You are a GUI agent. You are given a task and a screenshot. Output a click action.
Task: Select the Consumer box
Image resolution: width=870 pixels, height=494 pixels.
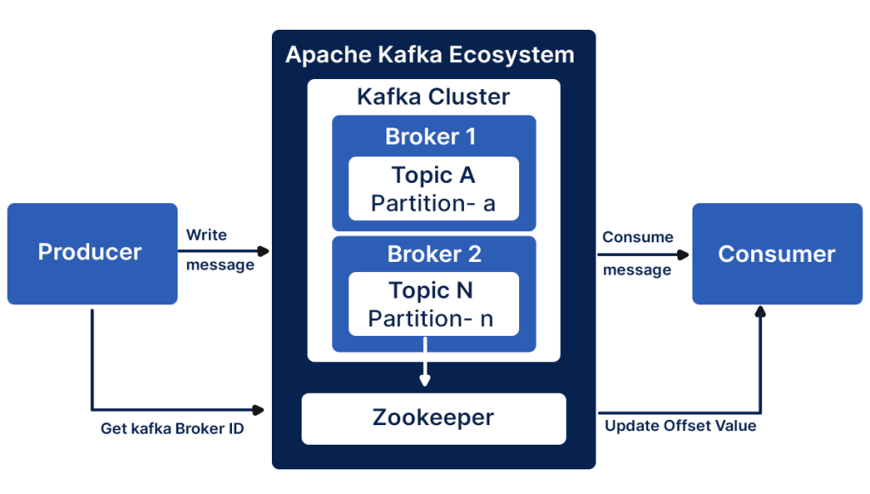point(776,253)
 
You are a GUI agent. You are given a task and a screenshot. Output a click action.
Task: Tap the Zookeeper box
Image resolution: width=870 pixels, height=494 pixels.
point(433,417)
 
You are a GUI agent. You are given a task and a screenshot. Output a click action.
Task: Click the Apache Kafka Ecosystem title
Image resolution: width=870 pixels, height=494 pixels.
point(429,55)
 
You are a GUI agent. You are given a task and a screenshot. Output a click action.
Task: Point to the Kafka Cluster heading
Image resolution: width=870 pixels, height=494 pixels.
point(433,96)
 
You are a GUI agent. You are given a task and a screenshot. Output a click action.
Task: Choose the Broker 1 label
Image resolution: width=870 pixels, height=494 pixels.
point(431,136)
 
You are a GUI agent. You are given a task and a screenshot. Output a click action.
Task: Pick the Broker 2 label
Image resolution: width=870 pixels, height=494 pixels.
point(434,253)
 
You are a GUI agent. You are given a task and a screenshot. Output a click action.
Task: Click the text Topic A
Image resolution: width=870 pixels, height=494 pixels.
point(432,175)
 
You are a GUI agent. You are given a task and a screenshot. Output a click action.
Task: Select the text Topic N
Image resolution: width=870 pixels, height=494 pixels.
point(431,291)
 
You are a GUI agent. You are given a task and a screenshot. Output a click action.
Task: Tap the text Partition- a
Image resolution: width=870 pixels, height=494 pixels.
point(432,203)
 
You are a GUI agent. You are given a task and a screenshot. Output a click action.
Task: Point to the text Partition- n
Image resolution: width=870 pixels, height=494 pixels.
point(431,319)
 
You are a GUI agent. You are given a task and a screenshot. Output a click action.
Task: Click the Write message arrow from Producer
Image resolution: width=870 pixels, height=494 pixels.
point(225,251)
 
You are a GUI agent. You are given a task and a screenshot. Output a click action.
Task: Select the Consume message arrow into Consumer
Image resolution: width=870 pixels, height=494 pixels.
point(646,253)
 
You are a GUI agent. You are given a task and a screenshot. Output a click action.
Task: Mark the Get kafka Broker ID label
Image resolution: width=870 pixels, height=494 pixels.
point(172,429)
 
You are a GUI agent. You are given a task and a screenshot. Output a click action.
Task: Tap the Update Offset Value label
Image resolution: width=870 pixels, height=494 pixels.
point(680,425)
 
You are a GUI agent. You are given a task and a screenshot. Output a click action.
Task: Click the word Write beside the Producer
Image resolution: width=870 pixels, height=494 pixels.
point(206,235)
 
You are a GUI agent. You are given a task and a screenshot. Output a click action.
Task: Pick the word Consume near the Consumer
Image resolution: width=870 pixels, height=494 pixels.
point(637,237)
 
